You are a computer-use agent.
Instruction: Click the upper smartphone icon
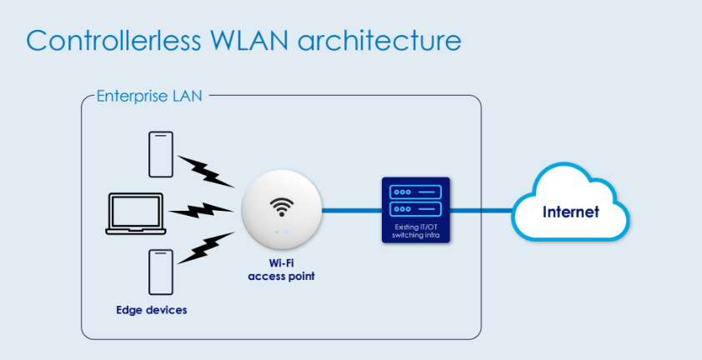point(161,154)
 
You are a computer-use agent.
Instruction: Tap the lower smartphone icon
point(161,272)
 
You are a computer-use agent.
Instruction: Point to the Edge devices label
point(151,310)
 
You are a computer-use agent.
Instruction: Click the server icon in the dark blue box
point(415,200)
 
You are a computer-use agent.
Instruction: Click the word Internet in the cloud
point(570,212)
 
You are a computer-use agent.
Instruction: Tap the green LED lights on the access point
point(281,232)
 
